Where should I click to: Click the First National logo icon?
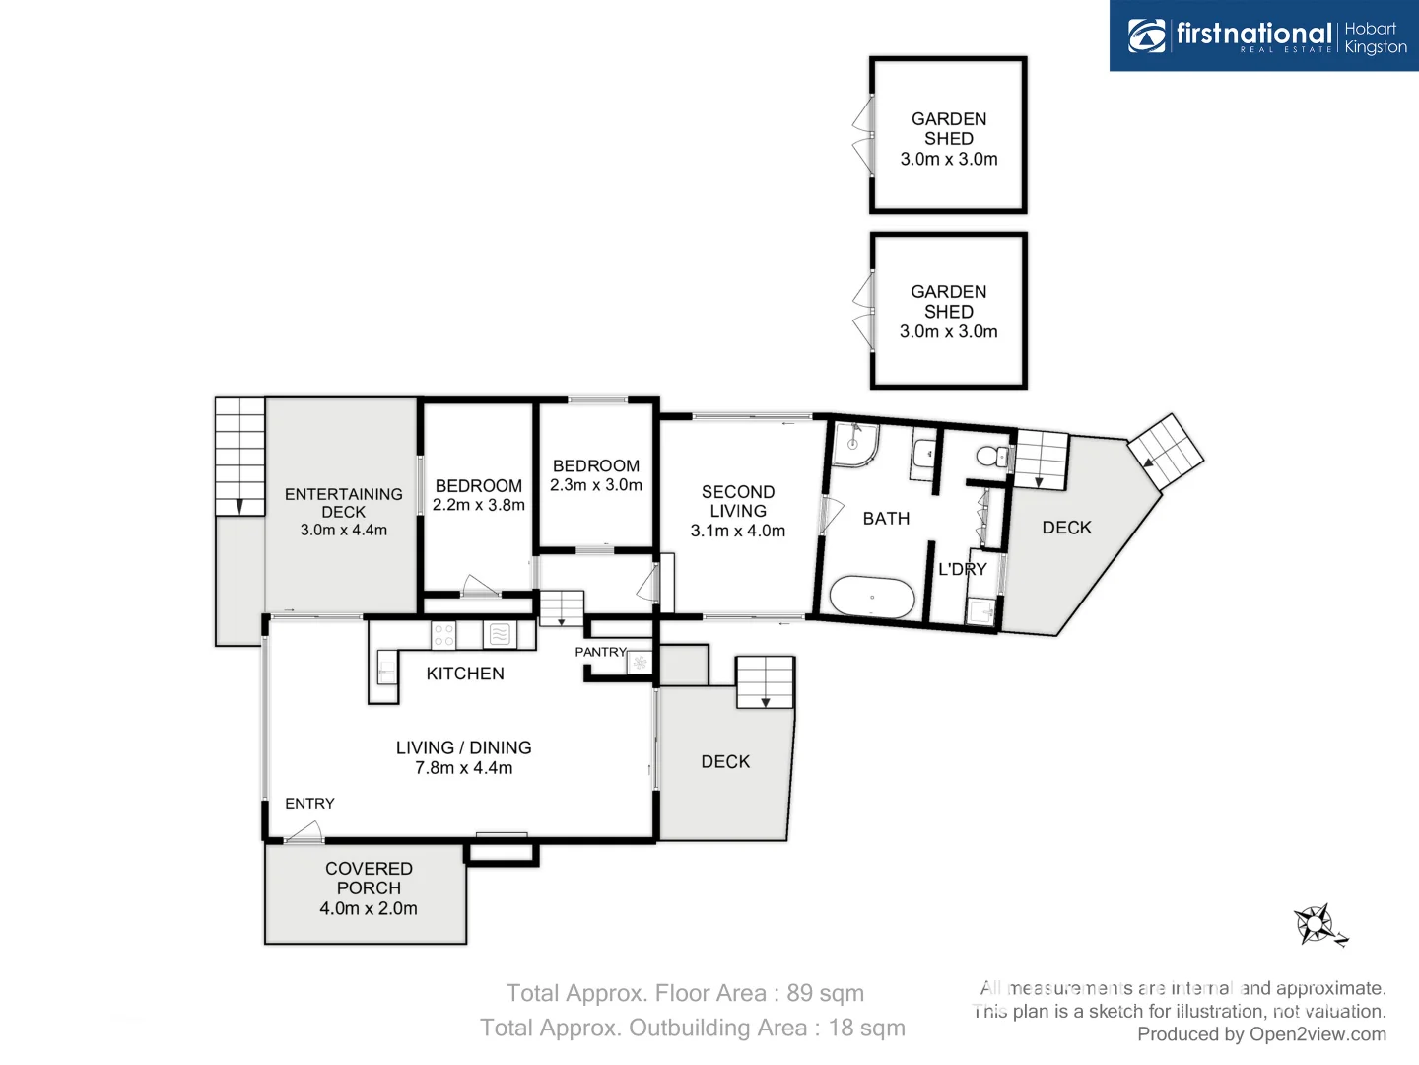coord(1147,35)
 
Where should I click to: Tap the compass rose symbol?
coord(1318,925)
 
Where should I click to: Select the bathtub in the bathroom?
coord(872,597)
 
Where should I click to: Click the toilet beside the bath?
coord(990,456)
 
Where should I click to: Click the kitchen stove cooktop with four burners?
coord(443,635)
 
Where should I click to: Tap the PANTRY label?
coord(600,652)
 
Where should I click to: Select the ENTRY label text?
coord(309,804)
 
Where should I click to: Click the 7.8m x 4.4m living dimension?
coord(463,768)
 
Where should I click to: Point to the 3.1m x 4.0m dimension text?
coord(738,531)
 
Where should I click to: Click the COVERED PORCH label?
coord(369,878)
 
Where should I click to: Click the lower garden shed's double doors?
coord(863,311)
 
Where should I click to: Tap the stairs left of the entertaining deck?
coord(239,457)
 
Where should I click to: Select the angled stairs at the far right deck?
coord(1166,452)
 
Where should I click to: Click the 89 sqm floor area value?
coord(825,993)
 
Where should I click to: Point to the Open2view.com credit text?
coord(1318,1034)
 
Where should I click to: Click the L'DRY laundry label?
coord(962,569)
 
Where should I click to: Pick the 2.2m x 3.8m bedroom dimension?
coord(479,505)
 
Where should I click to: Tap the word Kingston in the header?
coord(1376,47)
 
